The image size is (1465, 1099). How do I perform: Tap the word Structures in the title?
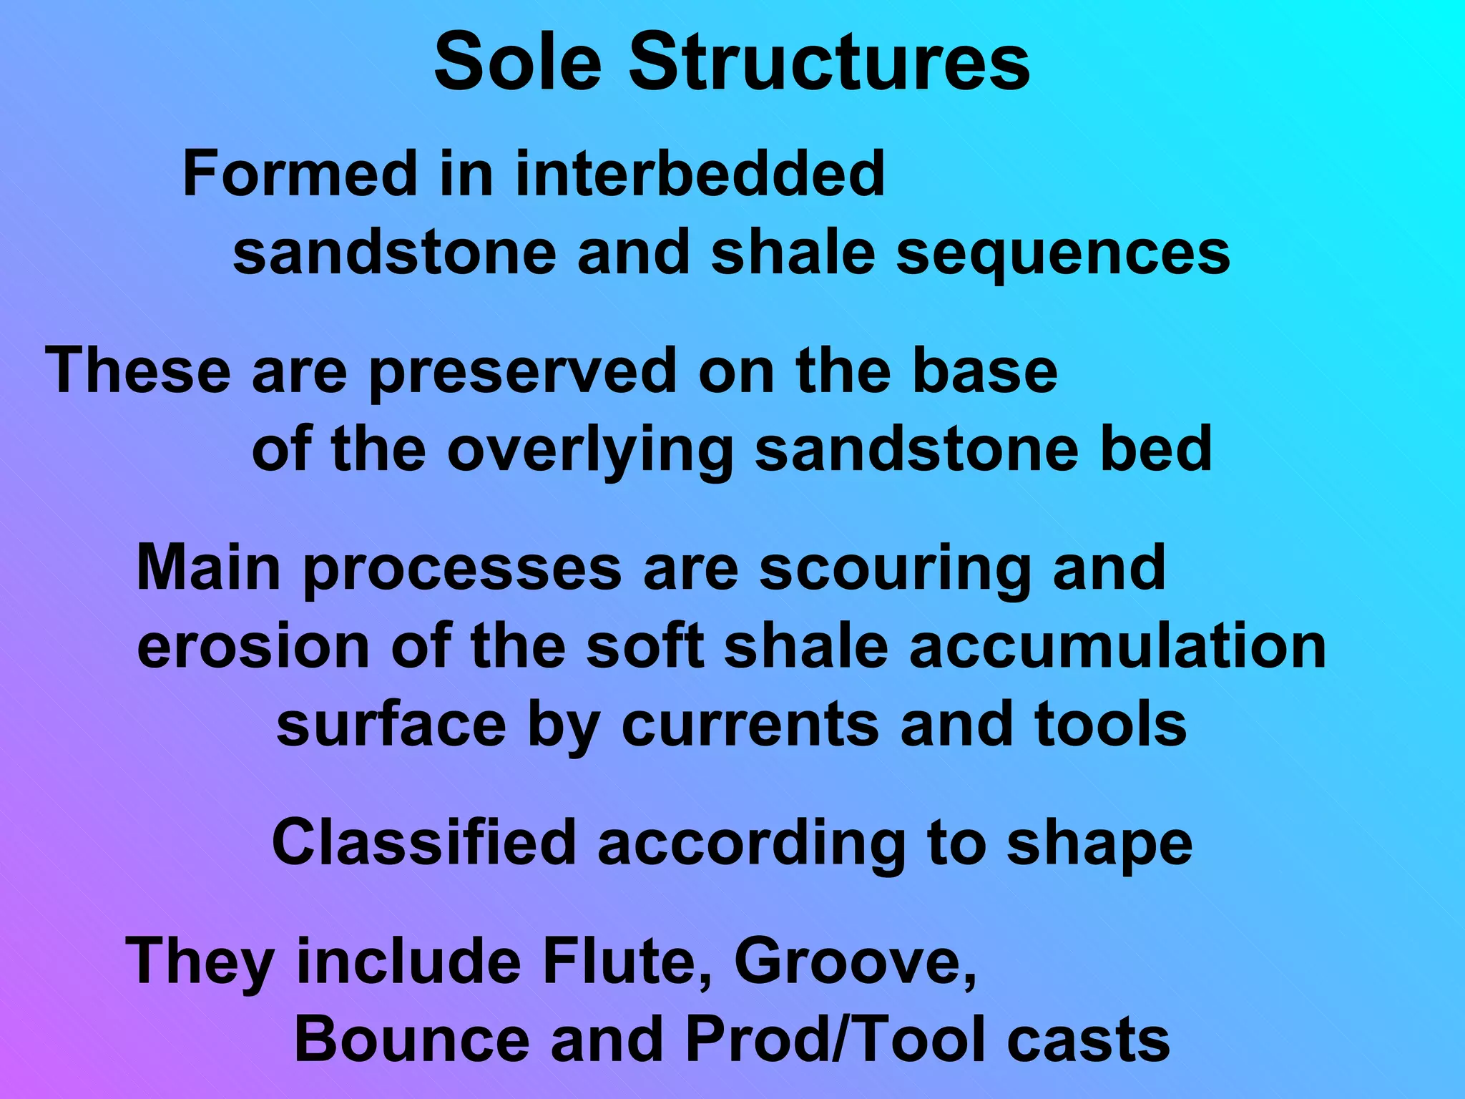829,63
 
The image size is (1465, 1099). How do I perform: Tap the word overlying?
591,451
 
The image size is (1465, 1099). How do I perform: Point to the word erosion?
253,648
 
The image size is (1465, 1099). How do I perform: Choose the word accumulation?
1117,648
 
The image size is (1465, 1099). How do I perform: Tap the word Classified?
424,843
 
